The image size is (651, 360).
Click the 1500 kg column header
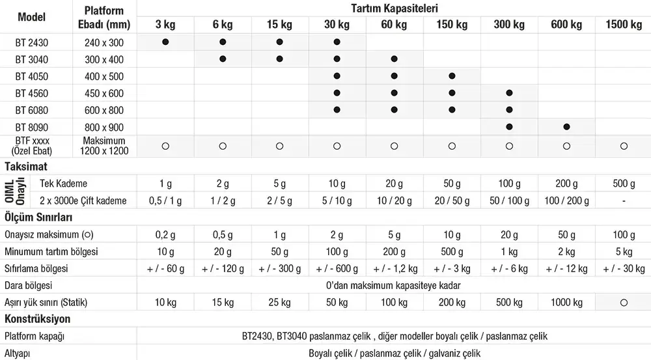coord(624,25)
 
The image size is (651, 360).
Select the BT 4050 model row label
coord(32,76)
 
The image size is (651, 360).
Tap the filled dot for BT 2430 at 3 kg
coord(165,42)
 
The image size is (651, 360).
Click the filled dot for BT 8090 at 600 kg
coord(566,126)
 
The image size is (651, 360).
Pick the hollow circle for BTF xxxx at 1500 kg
coord(624,146)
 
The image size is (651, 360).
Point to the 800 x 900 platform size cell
coord(104,127)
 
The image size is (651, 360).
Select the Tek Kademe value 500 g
coord(624,184)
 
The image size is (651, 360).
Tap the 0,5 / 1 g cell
coord(165,201)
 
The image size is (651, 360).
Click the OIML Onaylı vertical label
coord(20,192)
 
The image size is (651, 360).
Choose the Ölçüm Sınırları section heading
coord(38,217)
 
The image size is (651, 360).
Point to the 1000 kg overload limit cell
coord(566,302)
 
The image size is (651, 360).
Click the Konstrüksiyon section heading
coord(38,319)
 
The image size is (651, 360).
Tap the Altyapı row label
coord(18,353)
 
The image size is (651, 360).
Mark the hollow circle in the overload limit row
coord(624,302)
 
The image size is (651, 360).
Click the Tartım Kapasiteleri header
coord(395,8)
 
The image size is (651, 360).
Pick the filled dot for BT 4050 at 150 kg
coord(452,76)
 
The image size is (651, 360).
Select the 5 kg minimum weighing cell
coord(624,251)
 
